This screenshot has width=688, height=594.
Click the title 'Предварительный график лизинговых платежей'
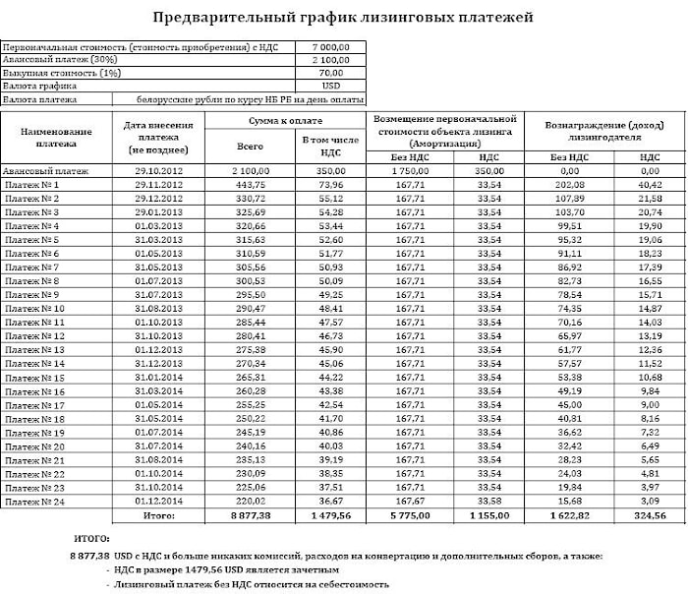[x=344, y=18]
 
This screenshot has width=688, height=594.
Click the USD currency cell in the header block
[x=330, y=86]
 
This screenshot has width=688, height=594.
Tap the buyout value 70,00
[x=331, y=73]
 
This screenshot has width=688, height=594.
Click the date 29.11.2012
[x=152, y=185]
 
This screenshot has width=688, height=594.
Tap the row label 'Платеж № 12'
[x=35, y=335]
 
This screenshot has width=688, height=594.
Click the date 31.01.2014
[x=152, y=377]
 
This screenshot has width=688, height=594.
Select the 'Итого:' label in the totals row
[x=158, y=514]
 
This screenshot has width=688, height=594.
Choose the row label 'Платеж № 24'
[x=35, y=501]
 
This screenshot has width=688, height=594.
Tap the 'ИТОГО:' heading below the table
[x=92, y=540]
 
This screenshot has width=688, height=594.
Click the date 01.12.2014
[x=152, y=501]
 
